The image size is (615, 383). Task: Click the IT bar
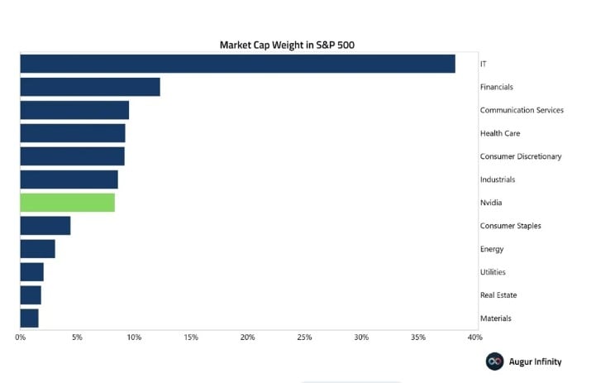[x=238, y=64]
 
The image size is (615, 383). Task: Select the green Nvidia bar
[x=68, y=203]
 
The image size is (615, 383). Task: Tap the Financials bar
[x=90, y=87]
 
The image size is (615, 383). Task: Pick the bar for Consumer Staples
[x=45, y=226]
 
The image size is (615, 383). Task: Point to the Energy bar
[x=38, y=249]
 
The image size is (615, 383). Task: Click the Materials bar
[x=30, y=318]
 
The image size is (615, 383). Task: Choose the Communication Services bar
[x=74, y=110]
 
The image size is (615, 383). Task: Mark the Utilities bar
[x=31, y=272]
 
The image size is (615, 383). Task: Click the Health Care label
[x=500, y=133]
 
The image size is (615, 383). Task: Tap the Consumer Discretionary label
[x=521, y=156]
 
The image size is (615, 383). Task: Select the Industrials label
[x=498, y=180]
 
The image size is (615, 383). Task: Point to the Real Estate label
[x=498, y=295]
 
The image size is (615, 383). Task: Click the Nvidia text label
[x=491, y=203]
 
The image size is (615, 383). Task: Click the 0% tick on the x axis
[x=21, y=337]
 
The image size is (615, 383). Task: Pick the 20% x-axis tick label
[x=247, y=337]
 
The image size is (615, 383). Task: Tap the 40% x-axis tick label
[x=475, y=337]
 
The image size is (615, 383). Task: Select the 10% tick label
[x=134, y=337]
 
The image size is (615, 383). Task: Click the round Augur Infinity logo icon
[x=494, y=361]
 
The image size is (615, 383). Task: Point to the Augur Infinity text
[x=535, y=361]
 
